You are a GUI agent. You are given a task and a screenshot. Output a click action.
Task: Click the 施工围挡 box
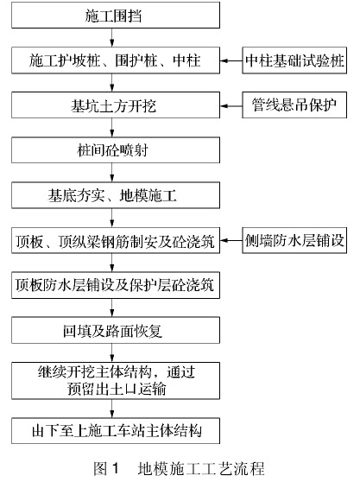point(116,15)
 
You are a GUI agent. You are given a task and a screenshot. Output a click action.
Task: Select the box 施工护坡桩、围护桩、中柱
point(116,60)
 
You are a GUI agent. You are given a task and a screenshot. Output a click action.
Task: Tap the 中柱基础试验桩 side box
point(294,60)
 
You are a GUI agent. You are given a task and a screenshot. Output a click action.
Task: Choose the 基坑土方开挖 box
point(116,105)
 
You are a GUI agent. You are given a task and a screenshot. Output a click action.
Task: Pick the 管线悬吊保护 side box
point(294,105)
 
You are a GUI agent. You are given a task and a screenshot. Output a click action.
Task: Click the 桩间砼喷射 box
point(116,150)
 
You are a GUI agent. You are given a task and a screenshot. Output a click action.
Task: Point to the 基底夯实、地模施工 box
point(116,195)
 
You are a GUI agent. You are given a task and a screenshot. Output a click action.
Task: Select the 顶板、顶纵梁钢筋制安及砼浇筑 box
point(116,240)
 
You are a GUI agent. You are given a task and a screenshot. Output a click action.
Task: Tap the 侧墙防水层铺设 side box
point(294,240)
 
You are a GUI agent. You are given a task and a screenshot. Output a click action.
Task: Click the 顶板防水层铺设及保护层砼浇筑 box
point(116,285)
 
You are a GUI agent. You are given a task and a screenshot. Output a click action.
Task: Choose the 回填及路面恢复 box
point(116,331)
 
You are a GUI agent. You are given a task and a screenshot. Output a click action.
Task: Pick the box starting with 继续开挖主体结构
point(116,381)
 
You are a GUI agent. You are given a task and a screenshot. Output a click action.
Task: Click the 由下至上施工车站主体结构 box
point(116,431)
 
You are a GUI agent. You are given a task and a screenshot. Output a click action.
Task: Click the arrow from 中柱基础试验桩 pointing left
point(231,60)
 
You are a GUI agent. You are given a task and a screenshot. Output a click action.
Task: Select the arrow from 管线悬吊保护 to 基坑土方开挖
point(231,105)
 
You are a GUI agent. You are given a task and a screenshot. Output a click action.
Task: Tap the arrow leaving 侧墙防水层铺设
point(231,240)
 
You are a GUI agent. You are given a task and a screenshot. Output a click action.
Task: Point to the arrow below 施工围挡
point(112,37)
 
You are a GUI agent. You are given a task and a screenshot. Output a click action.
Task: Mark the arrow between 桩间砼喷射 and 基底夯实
point(112,173)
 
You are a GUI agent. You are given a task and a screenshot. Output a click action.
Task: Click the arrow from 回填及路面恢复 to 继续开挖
point(112,353)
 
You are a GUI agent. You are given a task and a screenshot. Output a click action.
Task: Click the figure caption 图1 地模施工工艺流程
point(179,469)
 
